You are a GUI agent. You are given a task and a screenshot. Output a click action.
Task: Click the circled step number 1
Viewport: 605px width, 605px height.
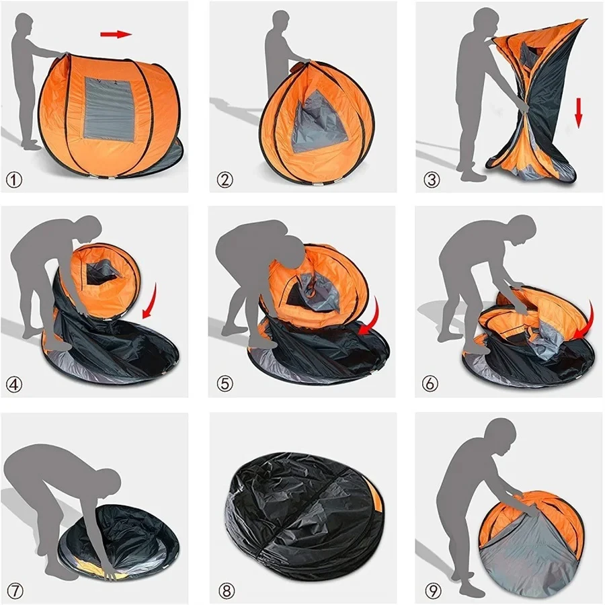tap(15, 180)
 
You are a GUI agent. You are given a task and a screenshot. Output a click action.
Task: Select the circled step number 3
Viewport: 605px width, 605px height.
tap(431, 180)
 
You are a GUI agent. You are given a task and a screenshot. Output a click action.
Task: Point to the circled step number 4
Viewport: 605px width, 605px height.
tap(15, 385)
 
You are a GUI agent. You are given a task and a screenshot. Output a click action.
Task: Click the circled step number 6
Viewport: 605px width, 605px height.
tap(431, 385)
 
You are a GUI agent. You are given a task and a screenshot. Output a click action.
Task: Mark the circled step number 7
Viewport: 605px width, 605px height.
tap(15, 591)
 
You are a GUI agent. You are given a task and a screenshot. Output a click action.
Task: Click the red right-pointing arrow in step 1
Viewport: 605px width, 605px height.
tap(116, 34)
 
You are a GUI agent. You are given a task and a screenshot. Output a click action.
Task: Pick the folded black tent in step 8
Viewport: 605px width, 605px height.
tap(302, 511)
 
